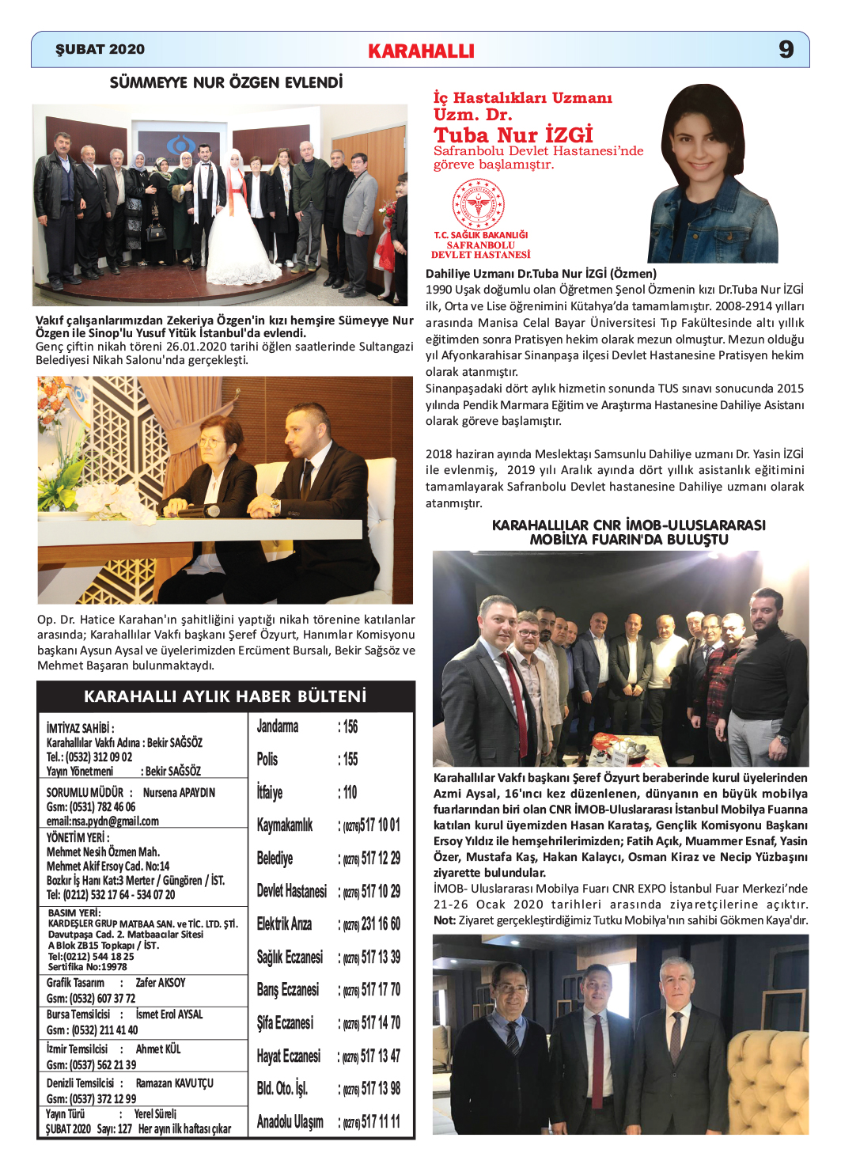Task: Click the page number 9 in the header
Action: (x=786, y=49)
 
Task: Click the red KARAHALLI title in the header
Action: (x=421, y=51)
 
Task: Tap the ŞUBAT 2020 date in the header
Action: (x=100, y=49)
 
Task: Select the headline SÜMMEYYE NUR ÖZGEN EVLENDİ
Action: (x=226, y=82)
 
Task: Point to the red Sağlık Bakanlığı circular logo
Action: (x=478, y=204)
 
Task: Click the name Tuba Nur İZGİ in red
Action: (x=513, y=135)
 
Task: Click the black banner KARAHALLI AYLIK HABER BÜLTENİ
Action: (x=225, y=696)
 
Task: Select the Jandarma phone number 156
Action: (x=350, y=726)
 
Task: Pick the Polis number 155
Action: (x=350, y=760)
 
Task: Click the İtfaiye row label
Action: (x=269, y=792)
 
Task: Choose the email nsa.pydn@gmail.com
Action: (x=103, y=821)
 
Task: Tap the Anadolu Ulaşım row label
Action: (x=290, y=1121)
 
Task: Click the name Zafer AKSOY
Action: (x=161, y=983)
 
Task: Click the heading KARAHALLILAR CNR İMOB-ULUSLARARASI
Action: (x=628, y=525)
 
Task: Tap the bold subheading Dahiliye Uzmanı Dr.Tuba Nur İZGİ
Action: (x=541, y=274)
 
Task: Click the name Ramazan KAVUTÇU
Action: (x=175, y=1083)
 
